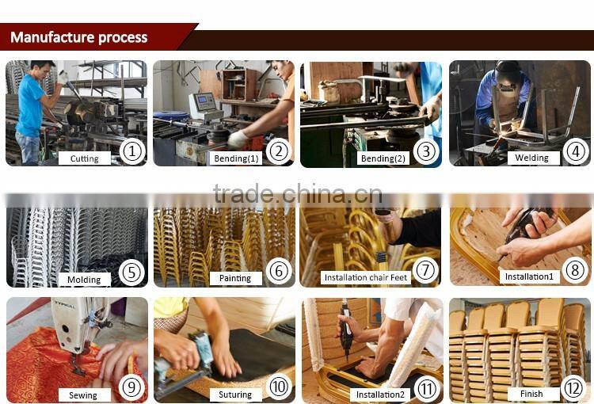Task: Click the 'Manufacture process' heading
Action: [78, 37]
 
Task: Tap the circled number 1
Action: [132, 151]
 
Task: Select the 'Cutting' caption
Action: [85, 158]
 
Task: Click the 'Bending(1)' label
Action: [236, 158]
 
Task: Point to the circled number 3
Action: [426, 151]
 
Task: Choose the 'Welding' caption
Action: [532, 158]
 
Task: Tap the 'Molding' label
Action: [84, 280]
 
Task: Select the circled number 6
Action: [280, 271]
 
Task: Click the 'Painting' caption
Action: [235, 278]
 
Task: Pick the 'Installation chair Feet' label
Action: [366, 277]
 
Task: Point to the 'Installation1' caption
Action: [529, 276]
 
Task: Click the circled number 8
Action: [575, 270]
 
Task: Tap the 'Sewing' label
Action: [83, 395]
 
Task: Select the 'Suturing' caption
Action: [235, 394]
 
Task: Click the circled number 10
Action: [280, 387]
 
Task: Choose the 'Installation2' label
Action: [380, 394]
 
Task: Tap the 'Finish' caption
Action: [531, 394]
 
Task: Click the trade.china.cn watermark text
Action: [298, 193]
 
